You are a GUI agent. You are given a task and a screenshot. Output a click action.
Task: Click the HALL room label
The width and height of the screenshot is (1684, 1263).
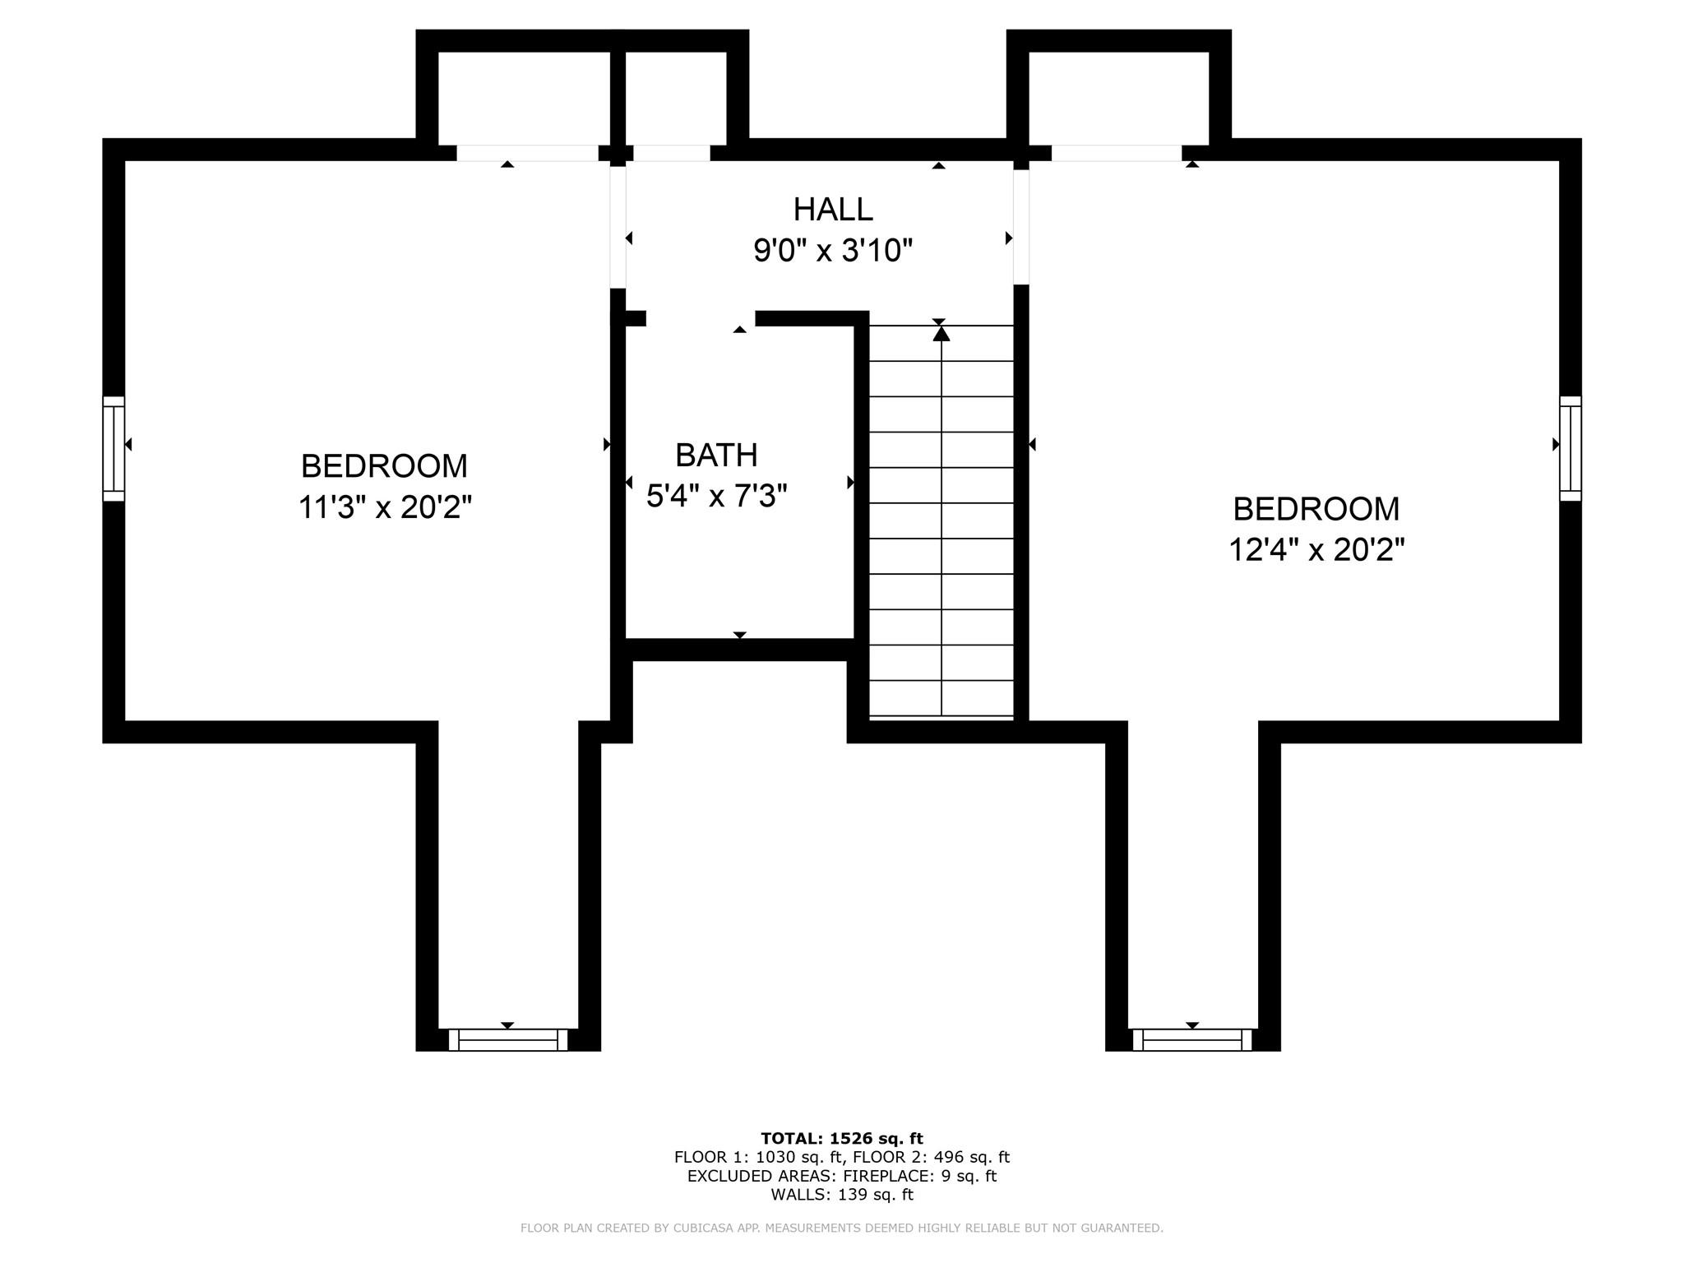[833, 210]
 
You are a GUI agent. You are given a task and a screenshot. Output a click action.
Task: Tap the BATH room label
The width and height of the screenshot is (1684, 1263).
[716, 455]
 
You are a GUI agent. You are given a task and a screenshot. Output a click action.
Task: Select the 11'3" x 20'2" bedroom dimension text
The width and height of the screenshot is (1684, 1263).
[385, 507]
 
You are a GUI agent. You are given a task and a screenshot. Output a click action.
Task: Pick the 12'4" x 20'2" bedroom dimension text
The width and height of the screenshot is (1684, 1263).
[1316, 549]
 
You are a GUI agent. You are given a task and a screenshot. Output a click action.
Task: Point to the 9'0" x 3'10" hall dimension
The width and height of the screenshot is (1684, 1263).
[833, 250]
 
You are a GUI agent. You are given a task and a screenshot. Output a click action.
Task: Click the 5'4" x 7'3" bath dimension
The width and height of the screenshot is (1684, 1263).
[717, 496]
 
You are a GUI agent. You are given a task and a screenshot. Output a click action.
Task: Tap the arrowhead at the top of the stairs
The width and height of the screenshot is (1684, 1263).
[941, 333]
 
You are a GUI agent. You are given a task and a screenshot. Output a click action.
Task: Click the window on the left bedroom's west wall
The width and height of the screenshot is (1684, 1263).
[113, 449]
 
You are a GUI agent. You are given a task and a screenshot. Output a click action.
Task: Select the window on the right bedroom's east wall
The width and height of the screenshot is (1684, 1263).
[1571, 449]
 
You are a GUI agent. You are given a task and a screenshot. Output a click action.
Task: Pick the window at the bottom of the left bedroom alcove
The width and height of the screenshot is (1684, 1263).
[508, 1040]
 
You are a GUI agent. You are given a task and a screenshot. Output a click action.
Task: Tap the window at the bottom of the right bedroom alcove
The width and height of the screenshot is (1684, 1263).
[1192, 1040]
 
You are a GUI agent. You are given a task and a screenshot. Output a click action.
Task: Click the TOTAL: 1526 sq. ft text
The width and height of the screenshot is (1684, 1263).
[842, 1139]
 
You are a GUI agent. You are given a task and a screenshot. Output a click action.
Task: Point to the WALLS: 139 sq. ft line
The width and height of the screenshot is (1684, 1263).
[842, 1195]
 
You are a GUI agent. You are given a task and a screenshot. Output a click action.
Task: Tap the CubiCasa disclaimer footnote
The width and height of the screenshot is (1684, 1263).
[842, 1228]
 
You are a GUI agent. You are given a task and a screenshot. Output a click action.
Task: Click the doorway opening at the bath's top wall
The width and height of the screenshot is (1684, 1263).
[701, 318]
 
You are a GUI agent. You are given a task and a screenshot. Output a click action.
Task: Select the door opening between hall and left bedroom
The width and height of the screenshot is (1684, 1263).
[618, 224]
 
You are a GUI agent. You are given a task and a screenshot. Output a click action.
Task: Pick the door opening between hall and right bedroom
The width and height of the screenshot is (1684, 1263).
[1021, 226]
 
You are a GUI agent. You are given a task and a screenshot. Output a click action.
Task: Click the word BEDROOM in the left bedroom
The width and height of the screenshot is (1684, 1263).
[385, 466]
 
